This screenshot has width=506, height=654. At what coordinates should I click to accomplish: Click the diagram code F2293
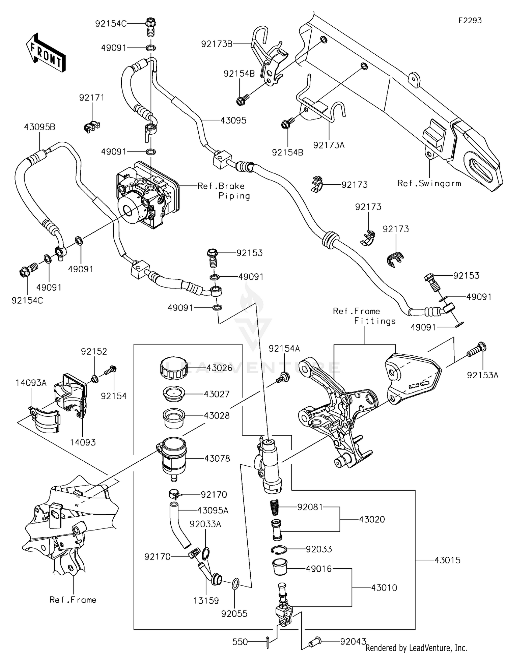coord(470,21)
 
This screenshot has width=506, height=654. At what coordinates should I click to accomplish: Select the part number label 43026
coord(219,368)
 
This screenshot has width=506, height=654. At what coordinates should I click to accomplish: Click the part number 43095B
coord(39,127)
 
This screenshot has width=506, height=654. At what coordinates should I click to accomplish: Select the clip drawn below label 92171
coord(91,126)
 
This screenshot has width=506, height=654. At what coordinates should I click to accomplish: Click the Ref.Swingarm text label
coord(429,184)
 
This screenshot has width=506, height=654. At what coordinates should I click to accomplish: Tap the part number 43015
coord(447,560)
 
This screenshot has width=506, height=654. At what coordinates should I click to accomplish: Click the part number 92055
coord(234,614)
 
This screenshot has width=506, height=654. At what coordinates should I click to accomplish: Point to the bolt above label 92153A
coord(477,350)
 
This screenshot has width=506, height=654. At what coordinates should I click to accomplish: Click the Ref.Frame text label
coord(73,600)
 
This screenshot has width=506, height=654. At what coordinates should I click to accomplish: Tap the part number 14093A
coord(31,383)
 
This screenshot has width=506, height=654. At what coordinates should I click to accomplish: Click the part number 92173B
coord(217,44)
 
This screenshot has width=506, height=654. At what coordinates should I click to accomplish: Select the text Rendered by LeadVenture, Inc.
coord(416,648)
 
